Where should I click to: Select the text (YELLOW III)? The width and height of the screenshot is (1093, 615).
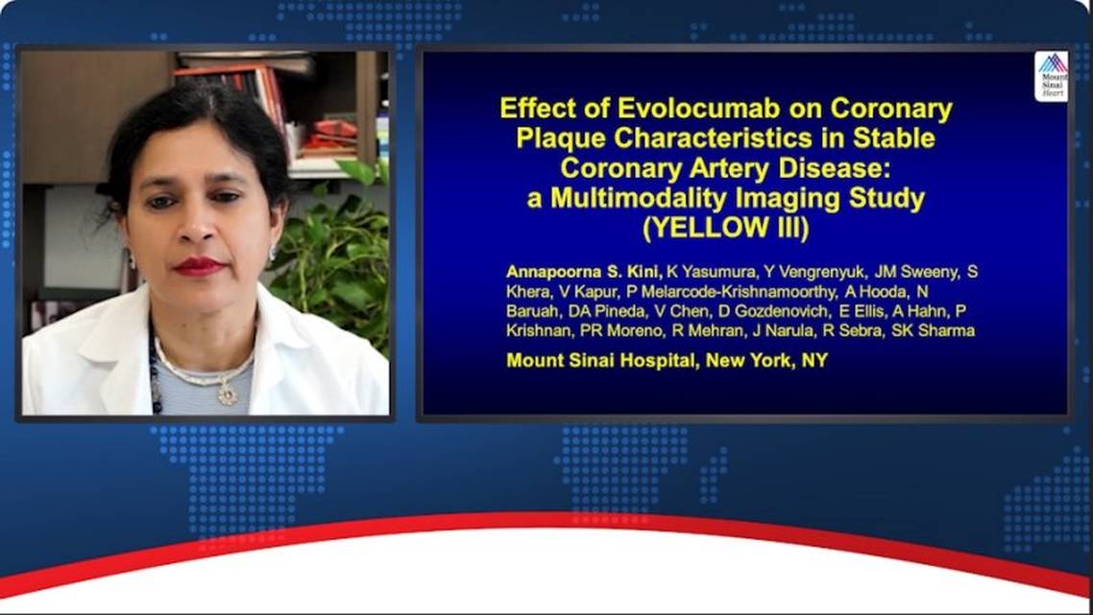point(726,228)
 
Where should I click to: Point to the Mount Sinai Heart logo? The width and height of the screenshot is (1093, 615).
point(1051,77)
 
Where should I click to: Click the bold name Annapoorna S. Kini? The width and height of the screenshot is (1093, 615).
point(583,271)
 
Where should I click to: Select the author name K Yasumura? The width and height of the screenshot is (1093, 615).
point(707,272)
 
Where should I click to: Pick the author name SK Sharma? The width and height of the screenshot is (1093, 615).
point(933,331)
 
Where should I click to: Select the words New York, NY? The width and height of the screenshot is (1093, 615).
point(766,360)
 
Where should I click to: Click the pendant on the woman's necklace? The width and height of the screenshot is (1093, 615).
point(227,395)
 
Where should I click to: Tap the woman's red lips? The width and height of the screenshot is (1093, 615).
point(198,266)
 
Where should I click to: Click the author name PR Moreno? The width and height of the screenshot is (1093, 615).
point(621,331)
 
